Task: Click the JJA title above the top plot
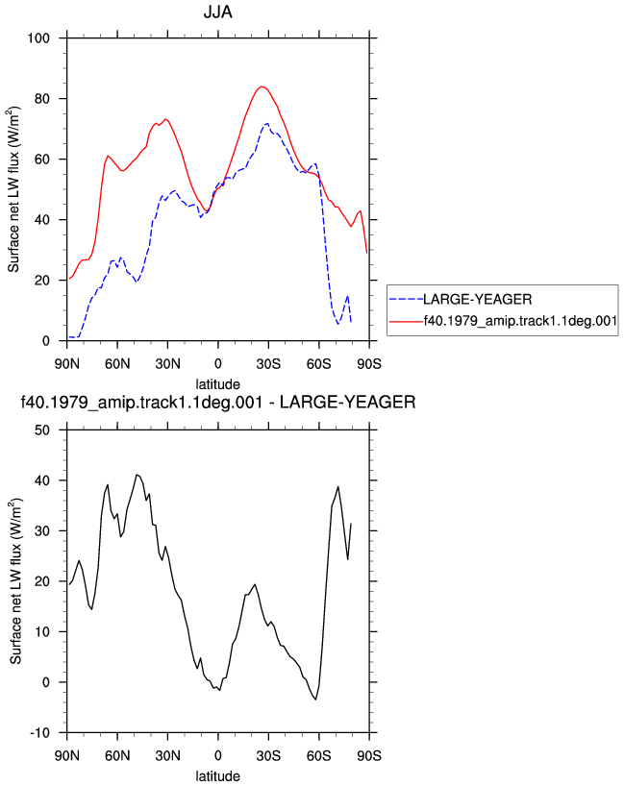tap(217, 12)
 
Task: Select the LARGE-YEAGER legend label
tap(477, 299)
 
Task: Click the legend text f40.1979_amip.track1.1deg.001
tap(520, 321)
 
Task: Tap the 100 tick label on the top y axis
tap(38, 38)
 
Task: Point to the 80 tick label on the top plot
tap(42, 99)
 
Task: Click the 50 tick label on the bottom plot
tap(42, 430)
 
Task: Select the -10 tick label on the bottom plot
tap(40, 733)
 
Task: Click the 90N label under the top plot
tap(66, 364)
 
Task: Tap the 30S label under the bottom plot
tap(268, 755)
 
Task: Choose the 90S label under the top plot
tap(369, 364)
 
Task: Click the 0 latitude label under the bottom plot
tap(217, 755)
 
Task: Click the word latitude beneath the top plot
tap(217, 384)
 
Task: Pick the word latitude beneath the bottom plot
tap(217, 776)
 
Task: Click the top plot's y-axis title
tap(13, 189)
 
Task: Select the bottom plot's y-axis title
tap(15, 581)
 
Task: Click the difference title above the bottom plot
tap(217, 402)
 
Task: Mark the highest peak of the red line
tap(262, 86)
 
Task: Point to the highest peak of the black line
tap(137, 475)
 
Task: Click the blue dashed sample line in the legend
tap(407, 299)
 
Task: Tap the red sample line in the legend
tap(407, 321)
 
